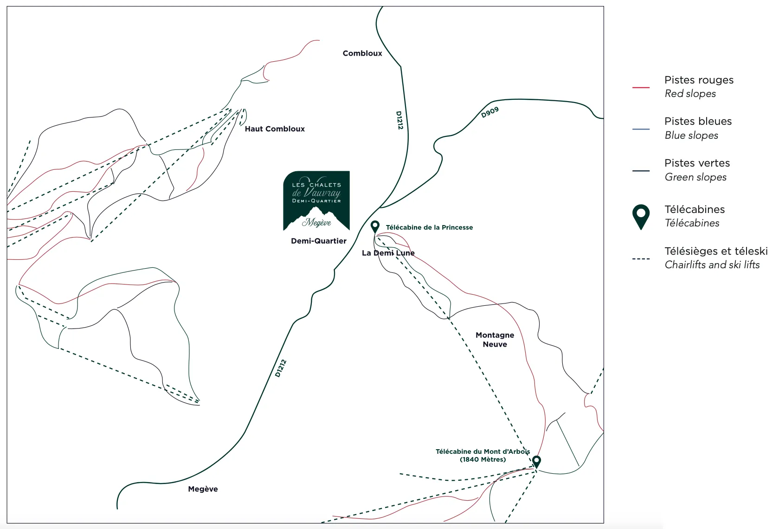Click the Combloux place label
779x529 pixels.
pyautogui.click(x=362, y=53)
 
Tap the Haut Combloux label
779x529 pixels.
pyautogui.click(x=275, y=129)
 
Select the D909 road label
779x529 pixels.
pyautogui.click(x=490, y=112)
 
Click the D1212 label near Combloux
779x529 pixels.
pyautogui.click(x=399, y=120)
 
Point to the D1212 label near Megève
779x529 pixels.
pyautogui.click(x=281, y=368)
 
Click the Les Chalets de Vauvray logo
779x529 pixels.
pyautogui.click(x=316, y=200)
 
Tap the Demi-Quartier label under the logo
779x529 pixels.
pyautogui.click(x=318, y=241)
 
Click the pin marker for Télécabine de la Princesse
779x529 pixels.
pyautogui.click(x=375, y=226)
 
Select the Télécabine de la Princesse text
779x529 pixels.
pyautogui.click(x=429, y=227)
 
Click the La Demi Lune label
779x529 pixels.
pyautogui.click(x=388, y=253)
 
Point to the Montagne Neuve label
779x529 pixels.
pyautogui.click(x=495, y=340)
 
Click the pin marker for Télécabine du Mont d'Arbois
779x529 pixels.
pyautogui.click(x=536, y=461)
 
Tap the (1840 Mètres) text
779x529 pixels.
pyautogui.click(x=483, y=459)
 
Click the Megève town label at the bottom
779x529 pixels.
pyautogui.click(x=203, y=489)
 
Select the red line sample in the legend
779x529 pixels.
pyautogui.click(x=641, y=87)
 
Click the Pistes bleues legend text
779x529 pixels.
pyautogui.click(x=698, y=122)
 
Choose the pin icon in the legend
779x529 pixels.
pyautogui.click(x=641, y=216)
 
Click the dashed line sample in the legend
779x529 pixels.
pyautogui.click(x=641, y=258)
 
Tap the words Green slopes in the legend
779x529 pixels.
pyautogui.click(x=695, y=177)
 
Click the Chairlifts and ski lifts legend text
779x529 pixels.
pyautogui.click(x=712, y=265)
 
